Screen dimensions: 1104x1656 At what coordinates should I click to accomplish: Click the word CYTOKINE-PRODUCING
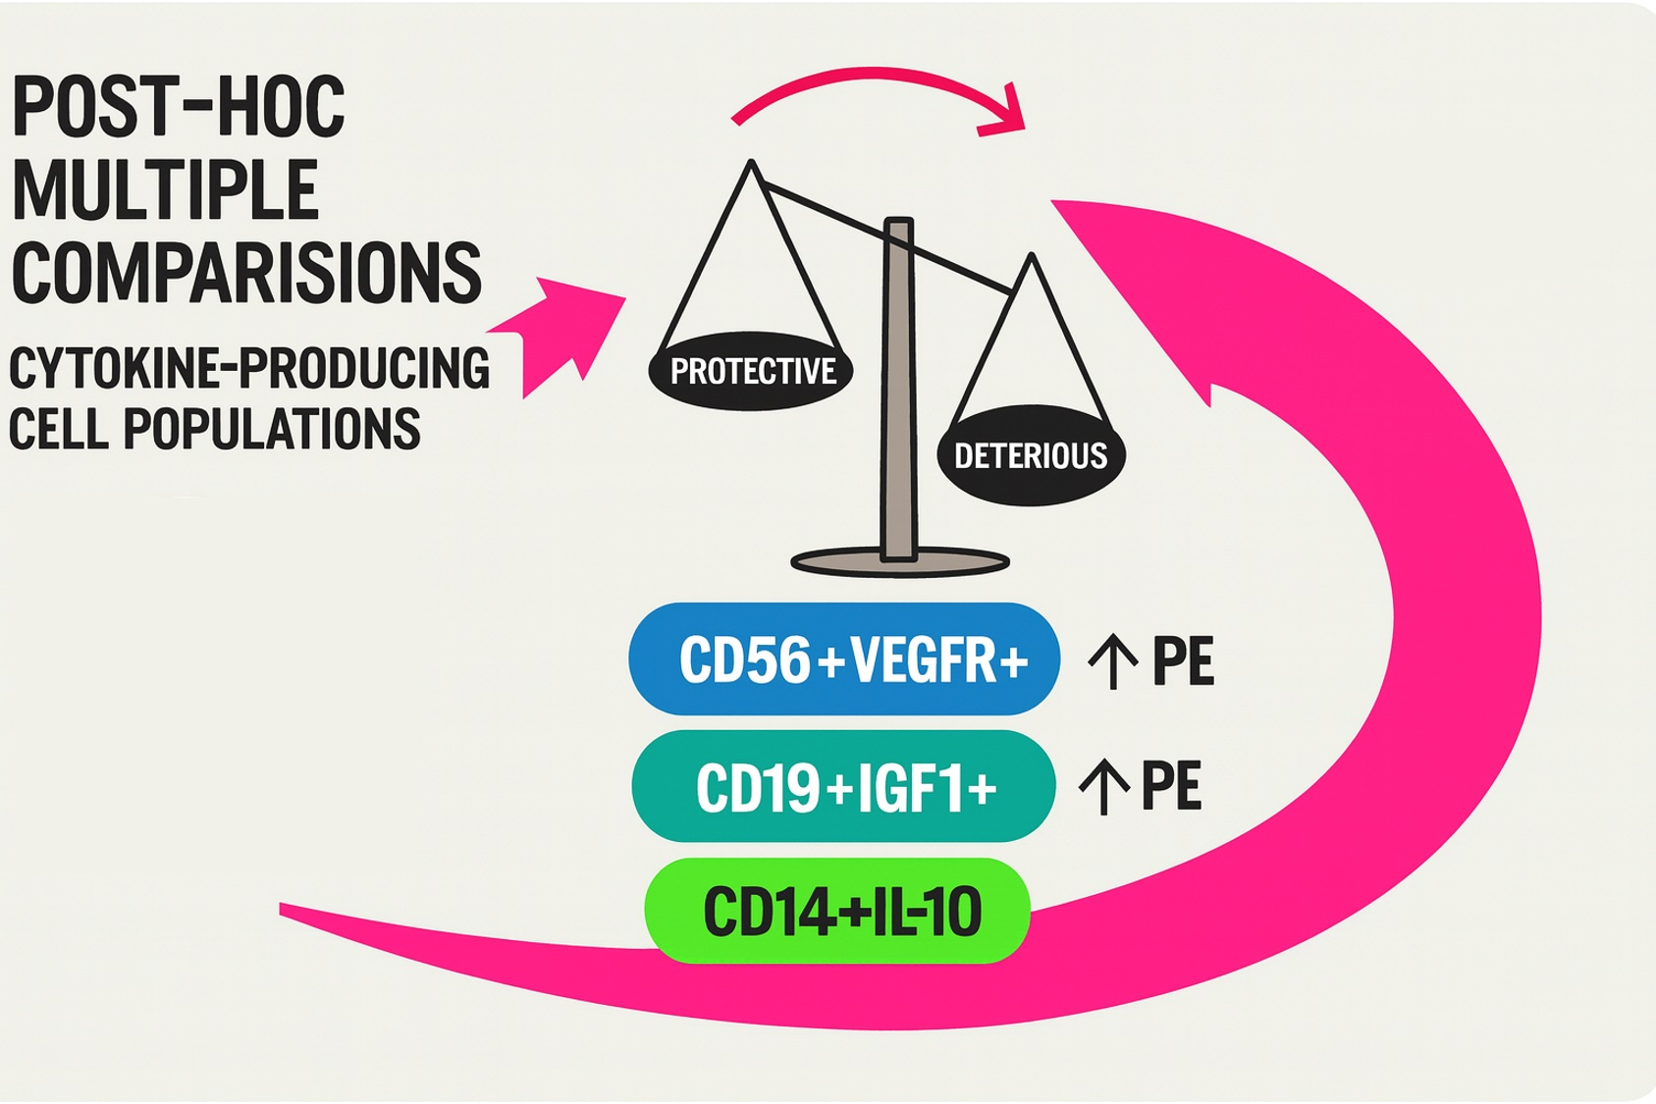pyautogui.click(x=248, y=369)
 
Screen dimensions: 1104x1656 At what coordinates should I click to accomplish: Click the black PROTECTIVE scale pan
pyautogui.click(x=752, y=371)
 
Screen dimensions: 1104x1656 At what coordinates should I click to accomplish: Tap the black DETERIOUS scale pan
pyautogui.click(x=1031, y=455)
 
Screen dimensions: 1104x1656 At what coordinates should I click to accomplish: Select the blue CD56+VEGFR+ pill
pyautogui.click(x=844, y=659)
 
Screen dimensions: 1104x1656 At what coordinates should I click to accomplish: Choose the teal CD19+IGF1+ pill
pyautogui.click(x=844, y=786)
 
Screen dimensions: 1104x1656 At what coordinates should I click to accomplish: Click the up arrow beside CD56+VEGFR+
pyautogui.click(x=1112, y=661)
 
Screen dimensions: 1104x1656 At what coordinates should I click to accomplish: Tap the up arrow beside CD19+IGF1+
pyautogui.click(x=1103, y=787)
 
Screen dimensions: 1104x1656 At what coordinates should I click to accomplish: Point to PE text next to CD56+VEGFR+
pyautogui.click(x=1183, y=661)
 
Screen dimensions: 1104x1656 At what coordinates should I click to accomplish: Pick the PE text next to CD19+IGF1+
pyautogui.click(x=1171, y=786)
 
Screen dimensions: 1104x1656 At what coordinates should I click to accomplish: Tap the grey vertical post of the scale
pyautogui.click(x=898, y=393)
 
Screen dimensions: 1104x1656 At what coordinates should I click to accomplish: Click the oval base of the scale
pyautogui.click(x=899, y=563)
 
